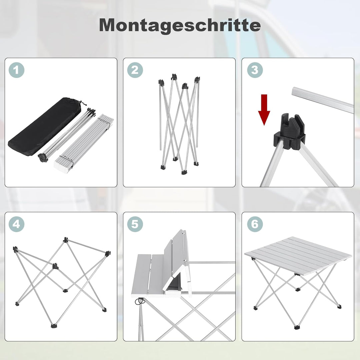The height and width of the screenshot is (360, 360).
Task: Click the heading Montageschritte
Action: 180,25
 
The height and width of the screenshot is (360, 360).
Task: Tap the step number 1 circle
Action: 17,70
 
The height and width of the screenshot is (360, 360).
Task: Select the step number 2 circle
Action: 135,70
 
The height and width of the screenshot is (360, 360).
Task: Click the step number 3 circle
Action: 255,70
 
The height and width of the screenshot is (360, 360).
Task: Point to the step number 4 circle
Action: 17,224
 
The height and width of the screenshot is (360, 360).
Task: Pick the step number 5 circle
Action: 135,224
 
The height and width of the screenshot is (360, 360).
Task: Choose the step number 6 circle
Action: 255,224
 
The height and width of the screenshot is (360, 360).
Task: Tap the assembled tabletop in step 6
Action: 298,255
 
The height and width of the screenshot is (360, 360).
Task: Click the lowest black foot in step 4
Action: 53,325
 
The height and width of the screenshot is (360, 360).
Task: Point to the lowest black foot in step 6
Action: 296,327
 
